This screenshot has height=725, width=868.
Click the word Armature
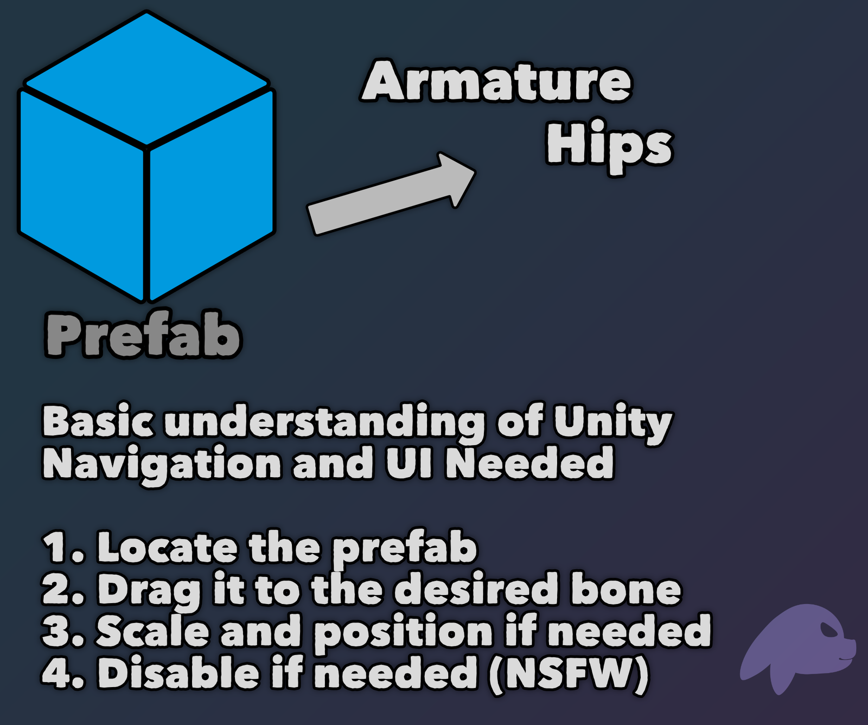(x=496, y=81)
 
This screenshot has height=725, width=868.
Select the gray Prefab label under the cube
(x=143, y=335)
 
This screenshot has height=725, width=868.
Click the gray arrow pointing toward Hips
(x=391, y=194)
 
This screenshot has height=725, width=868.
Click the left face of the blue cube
(x=81, y=193)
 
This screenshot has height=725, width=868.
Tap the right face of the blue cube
(x=212, y=193)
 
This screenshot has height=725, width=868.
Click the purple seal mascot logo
(x=797, y=648)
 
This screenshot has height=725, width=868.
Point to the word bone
(x=626, y=589)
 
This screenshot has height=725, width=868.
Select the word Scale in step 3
(x=152, y=631)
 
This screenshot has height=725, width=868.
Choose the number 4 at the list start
(x=56, y=673)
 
